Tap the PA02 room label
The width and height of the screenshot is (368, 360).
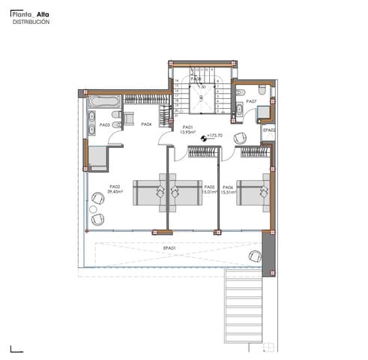115,186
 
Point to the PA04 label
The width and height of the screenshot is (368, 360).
147,124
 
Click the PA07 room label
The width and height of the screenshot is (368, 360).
251,101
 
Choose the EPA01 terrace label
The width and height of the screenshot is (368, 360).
169,247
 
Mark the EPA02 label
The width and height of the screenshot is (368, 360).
269,130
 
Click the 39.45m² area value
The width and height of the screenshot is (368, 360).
115,192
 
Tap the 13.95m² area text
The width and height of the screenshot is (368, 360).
188,132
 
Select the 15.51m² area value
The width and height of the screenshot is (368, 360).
229,192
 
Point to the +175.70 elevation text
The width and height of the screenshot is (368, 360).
217,136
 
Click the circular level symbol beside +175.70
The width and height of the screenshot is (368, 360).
204,137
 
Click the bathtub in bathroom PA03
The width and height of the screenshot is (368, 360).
103,100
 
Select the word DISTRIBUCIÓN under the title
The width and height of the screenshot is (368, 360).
31,22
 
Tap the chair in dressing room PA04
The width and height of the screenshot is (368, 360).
127,116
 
